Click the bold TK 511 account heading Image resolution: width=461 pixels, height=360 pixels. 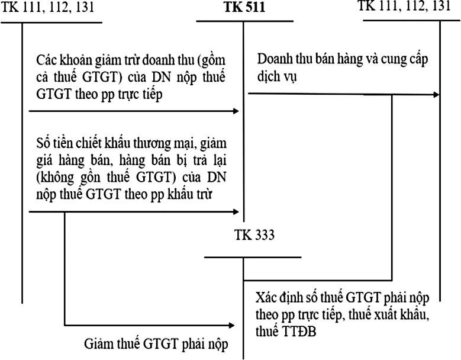pyautogui.click(x=244, y=9)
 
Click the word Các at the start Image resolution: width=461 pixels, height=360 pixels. pyautogui.click(x=47, y=61)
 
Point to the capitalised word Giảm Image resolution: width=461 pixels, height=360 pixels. pyautogui.click(x=99, y=344)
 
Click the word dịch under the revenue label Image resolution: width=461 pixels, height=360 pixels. pyautogui.click(x=268, y=78)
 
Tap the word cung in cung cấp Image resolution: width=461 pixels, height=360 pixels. pyautogui.click(x=386, y=61)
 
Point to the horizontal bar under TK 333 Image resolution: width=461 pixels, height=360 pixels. pyautogui.click(x=253, y=258)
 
